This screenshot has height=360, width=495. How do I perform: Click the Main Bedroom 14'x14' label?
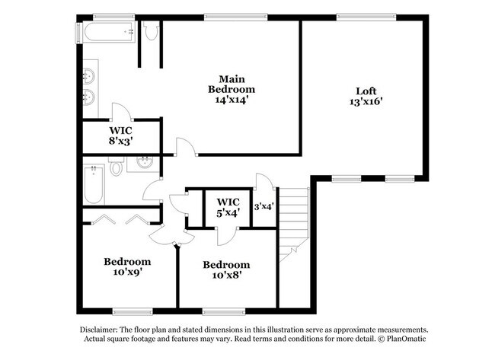coord(232,89)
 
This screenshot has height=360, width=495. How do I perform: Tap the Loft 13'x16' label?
coord(366,94)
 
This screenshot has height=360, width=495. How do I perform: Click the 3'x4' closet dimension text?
coord(263,205)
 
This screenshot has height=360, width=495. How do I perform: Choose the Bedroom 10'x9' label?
coord(127,267)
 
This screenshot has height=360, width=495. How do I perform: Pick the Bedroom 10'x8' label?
coord(225,270)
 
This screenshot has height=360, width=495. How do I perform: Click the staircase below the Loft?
coord(293,221)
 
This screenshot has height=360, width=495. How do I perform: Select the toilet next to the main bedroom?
coord(150,31)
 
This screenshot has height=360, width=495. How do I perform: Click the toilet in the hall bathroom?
coord(117,166)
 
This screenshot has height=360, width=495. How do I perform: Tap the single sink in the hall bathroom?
coord(143,163)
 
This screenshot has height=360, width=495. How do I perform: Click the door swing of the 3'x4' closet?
coord(263,183)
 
